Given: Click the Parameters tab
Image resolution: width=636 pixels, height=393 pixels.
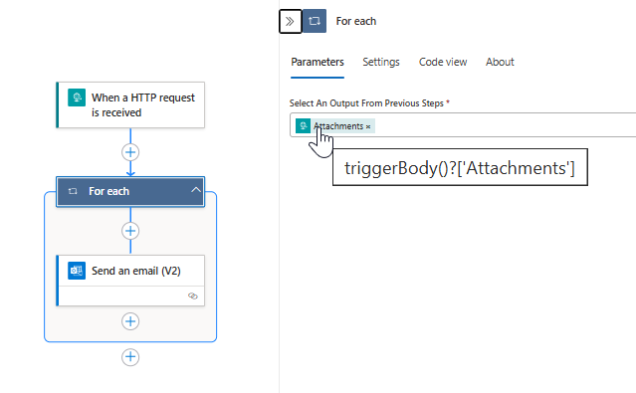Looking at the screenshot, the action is [318, 62].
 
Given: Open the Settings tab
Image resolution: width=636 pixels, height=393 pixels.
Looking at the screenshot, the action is [381, 62].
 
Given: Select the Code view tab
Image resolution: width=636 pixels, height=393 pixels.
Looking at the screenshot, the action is [443, 62].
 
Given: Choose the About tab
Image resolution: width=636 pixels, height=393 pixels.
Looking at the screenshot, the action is [500, 62].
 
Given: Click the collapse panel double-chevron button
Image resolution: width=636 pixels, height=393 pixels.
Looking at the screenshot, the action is [290, 21].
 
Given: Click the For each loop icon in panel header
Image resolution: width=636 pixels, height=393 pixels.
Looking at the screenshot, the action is [315, 21].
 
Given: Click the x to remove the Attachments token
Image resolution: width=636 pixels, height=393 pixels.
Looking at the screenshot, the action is [368, 126].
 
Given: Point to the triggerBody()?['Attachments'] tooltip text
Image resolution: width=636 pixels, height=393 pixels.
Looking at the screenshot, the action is [459, 168].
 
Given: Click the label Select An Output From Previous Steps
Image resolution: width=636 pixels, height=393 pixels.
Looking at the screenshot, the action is [368, 103].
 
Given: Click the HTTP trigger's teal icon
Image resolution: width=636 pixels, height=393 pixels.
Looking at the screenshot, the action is [74, 98].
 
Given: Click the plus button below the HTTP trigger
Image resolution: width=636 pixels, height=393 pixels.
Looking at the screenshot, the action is [130, 152].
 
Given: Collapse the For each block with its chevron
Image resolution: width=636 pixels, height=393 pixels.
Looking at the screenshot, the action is [195, 191].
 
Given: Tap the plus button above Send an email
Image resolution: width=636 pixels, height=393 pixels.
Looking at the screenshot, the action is [130, 231].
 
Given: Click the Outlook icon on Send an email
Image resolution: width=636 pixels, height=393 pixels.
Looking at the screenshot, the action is [76, 271].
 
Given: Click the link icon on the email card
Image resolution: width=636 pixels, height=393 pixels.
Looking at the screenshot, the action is [193, 295].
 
